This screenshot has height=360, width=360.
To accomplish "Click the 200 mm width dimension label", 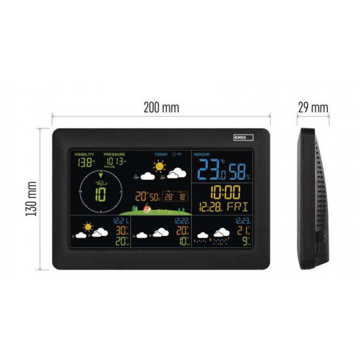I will [x=161, y=108].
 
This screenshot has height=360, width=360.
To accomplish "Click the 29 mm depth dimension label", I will [x=313, y=108].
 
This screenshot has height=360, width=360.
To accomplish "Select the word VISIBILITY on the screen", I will [x=84, y=154].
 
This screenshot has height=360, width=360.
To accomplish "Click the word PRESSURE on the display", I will [x=114, y=154].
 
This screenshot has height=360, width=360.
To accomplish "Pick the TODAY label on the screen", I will [x=161, y=154].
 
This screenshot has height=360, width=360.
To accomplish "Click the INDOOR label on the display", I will [x=201, y=154].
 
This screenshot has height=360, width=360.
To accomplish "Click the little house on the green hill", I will [x=146, y=209].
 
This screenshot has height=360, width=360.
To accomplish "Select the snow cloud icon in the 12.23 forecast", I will [x=222, y=233].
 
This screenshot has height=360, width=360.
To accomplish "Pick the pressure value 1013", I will [x=115, y=161].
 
